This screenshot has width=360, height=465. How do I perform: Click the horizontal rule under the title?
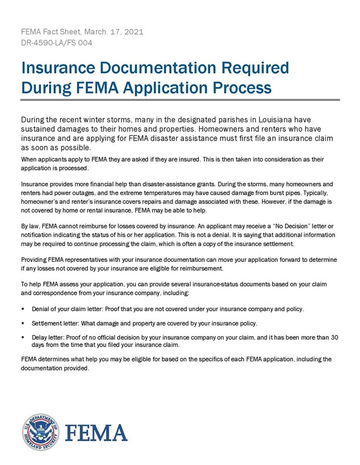point(180,100)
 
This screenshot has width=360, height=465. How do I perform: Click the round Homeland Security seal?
point(40,432)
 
